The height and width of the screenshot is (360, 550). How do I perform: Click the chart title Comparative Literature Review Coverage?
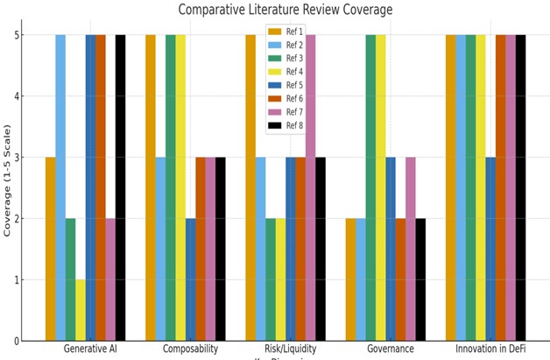(286, 11)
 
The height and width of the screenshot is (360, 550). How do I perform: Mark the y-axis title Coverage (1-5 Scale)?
(9, 188)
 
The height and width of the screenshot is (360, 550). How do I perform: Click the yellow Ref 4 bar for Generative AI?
(81, 311)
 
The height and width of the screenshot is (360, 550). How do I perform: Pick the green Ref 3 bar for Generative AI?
(70, 280)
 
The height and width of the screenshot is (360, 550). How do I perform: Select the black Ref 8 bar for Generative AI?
(120, 188)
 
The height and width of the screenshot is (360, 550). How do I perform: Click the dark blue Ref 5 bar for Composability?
(190, 280)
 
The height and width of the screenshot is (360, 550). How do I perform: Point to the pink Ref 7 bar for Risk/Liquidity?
(310, 188)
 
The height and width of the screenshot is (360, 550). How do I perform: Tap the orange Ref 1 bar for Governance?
(350, 280)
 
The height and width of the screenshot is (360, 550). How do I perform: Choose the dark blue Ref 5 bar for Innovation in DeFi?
(490, 250)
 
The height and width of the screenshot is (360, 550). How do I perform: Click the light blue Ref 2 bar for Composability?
(160, 250)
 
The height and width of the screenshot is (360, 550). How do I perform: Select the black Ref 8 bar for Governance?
(420, 280)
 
